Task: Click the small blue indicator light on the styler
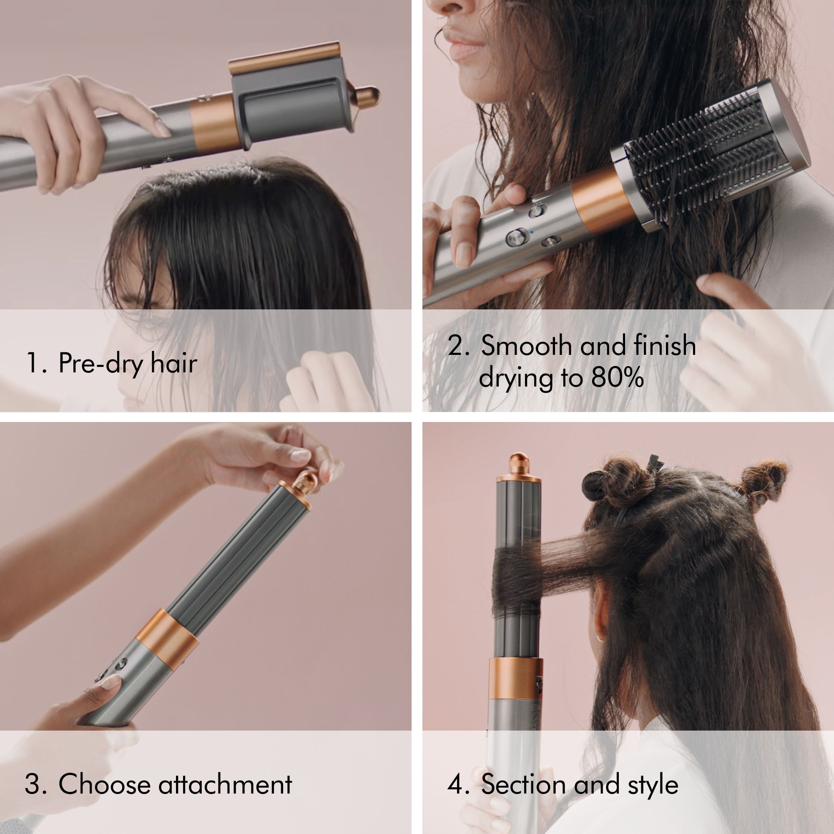coord(532,232)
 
